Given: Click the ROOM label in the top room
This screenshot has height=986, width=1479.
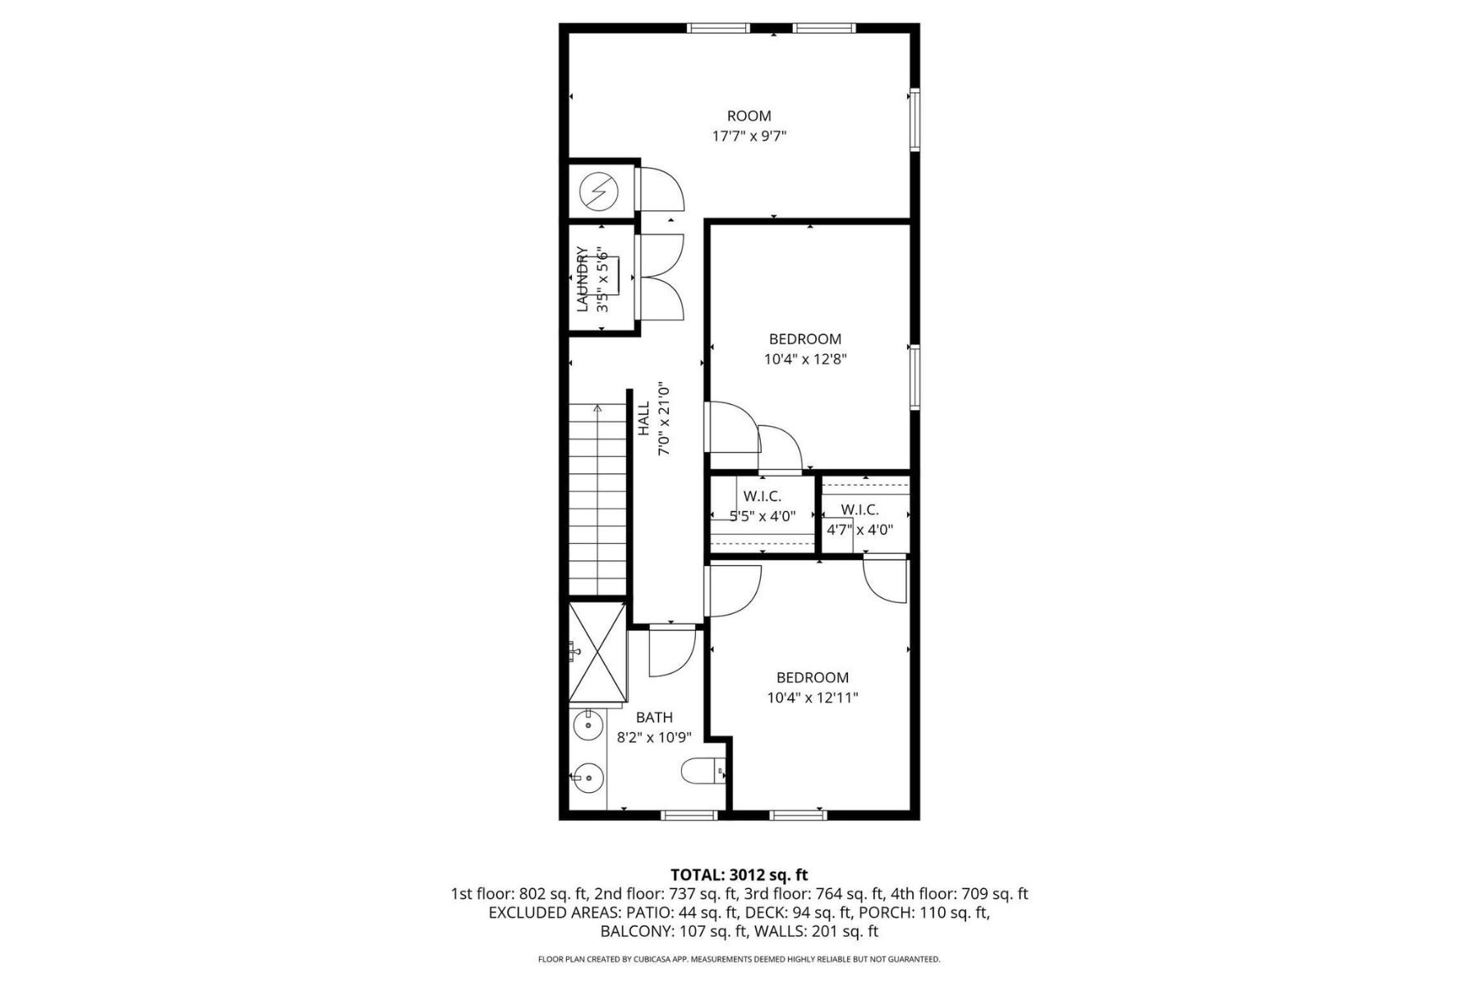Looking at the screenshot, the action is pyautogui.click(x=749, y=116).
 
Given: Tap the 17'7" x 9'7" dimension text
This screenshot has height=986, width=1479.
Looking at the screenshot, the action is pyautogui.click(x=749, y=136).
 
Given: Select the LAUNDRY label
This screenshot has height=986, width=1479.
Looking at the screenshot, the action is pyautogui.click(x=582, y=279).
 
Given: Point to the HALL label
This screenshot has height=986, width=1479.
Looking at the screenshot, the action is pyautogui.click(x=644, y=418).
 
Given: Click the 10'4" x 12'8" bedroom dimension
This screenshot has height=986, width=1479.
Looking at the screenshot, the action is pyautogui.click(x=805, y=359).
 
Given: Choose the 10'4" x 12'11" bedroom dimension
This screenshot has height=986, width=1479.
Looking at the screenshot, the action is pyautogui.click(x=813, y=698).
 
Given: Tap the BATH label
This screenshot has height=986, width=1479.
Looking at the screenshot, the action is pyautogui.click(x=654, y=717).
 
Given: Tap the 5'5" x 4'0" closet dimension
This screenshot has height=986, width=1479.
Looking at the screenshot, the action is pyautogui.click(x=763, y=516).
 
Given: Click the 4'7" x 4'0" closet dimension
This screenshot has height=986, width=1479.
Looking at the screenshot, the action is pyautogui.click(x=859, y=530).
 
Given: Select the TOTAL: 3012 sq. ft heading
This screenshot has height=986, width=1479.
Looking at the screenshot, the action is pyautogui.click(x=739, y=875).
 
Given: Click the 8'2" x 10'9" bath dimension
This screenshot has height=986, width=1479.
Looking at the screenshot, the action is pyautogui.click(x=655, y=738).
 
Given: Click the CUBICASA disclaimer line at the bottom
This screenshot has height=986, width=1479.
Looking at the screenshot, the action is pyautogui.click(x=739, y=959).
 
